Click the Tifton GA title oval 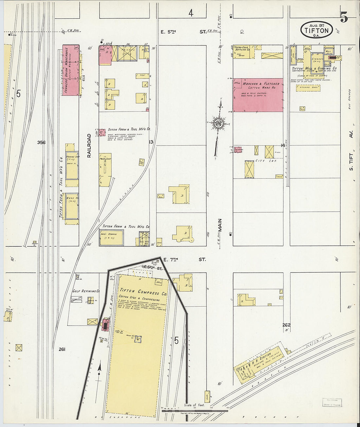316,30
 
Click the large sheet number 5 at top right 344,17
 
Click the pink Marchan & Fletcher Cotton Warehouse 258,95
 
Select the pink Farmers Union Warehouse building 71,70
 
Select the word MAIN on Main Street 220,225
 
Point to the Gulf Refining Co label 86,291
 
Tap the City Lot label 266,161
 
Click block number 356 41,142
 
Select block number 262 287,325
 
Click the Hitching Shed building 308,88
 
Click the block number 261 62,349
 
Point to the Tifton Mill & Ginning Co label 314,68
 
